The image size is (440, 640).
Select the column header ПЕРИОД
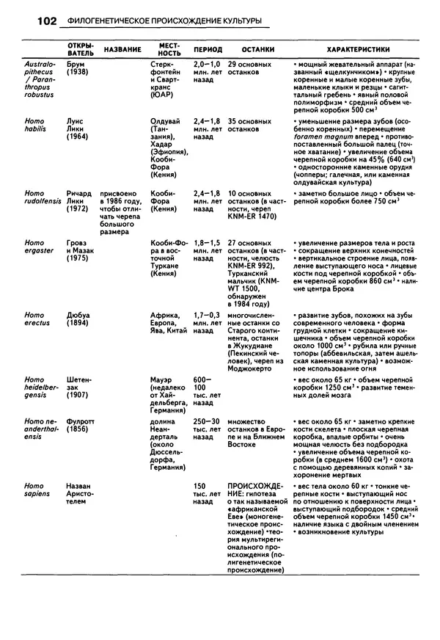point(208,50)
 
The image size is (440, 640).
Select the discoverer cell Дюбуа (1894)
point(78,319)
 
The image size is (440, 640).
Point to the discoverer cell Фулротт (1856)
point(81,426)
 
